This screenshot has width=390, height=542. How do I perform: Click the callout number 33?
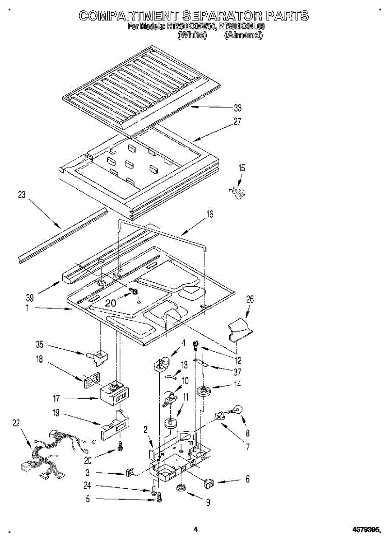pos(237,108)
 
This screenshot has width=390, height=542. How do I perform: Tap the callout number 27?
pos(237,121)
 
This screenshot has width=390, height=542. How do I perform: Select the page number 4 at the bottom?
pos(195,529)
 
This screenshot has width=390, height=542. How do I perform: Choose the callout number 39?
pos(30,297)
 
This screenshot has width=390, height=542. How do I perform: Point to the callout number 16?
pos(209,214)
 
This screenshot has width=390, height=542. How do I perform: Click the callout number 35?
pos(40,345)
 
